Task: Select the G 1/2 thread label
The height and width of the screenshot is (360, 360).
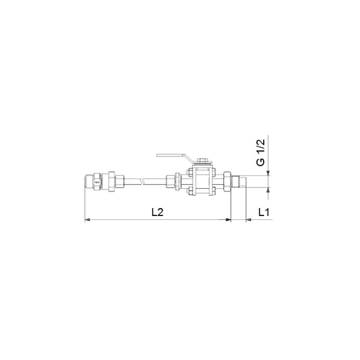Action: pos(260,153)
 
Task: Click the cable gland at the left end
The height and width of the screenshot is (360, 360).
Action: pos(94,182)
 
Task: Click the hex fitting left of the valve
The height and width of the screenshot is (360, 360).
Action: pos(174,182)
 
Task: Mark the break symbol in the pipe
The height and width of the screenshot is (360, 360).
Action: pos(145,182)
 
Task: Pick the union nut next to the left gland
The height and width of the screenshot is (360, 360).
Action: pos(116,182)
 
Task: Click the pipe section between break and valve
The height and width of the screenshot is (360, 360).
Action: pos(157,182)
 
